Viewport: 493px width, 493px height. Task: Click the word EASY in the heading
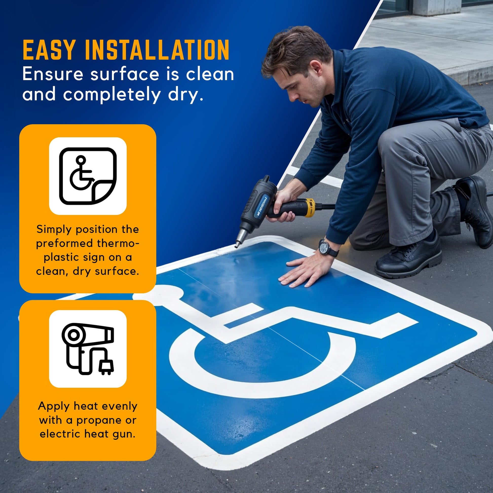(49, 50)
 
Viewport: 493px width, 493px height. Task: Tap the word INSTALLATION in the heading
(157, 50)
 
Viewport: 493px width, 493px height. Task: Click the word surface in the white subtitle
(125, 74)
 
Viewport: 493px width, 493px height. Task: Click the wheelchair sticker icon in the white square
(88, 176)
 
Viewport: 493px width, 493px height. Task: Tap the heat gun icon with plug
(88, 349)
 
